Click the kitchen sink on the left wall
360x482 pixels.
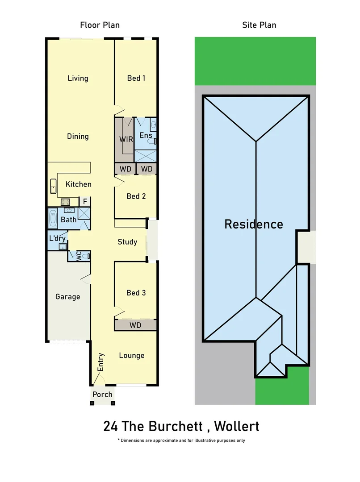[53, 186]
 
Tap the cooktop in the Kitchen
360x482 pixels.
[66, 202]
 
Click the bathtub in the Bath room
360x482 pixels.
[53, 219]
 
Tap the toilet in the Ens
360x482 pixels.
[154, 141]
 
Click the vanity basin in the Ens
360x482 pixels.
[153, 125]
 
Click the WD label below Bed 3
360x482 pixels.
[135, 325]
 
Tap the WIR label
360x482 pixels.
[126, 139]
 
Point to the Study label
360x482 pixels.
[127, 242]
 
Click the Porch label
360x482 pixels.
[102, 395]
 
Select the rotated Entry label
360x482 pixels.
[101, 362]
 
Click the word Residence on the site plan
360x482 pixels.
[253, 224]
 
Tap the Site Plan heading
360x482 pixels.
[259, 25]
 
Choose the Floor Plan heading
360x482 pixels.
[100, 25]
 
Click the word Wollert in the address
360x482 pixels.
[237, 426]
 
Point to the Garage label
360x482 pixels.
[67, 297]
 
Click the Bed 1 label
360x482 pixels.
[136, 78]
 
